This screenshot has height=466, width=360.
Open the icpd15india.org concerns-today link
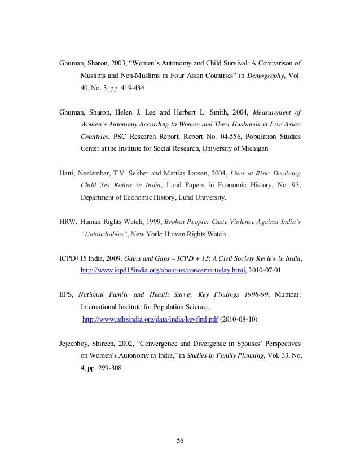[x=164, y=270]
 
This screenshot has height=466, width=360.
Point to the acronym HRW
[x=68, y=222]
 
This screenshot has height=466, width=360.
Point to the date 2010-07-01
[x=269, y=270]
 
